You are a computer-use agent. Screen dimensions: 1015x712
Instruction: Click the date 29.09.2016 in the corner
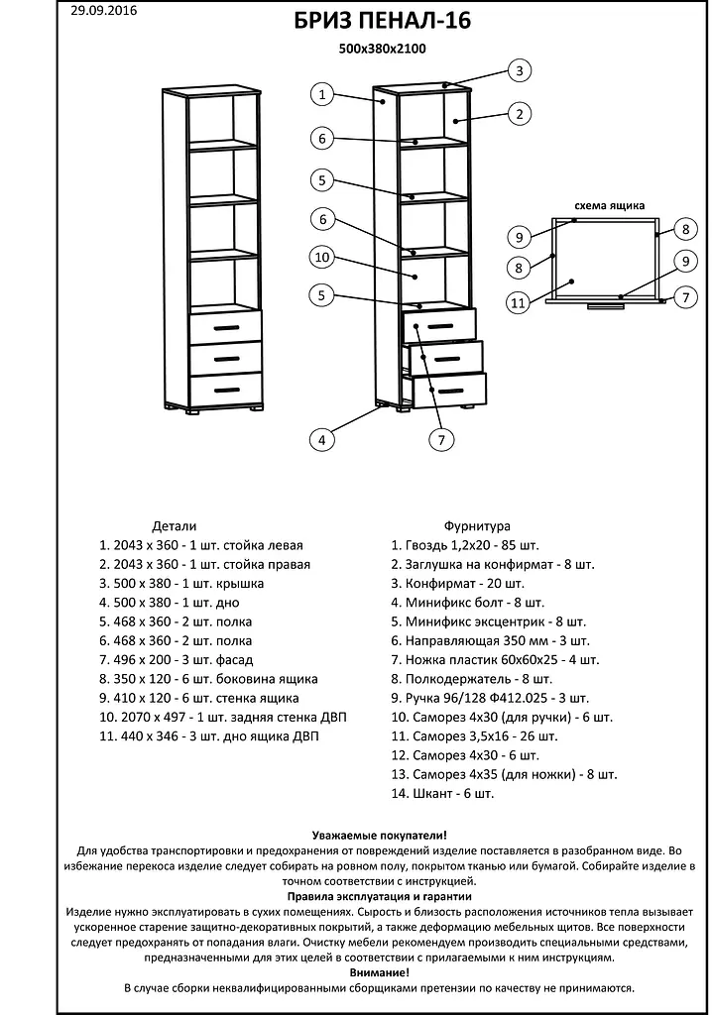[103, 11]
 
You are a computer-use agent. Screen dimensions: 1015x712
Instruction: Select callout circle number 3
[518, 70]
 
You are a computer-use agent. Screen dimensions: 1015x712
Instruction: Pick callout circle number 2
[518, 114]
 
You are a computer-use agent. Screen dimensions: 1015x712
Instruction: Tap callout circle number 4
[320, 439]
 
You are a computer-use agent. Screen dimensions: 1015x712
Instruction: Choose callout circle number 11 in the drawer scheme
[517, 302]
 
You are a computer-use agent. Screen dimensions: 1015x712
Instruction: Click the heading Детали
[175, 526]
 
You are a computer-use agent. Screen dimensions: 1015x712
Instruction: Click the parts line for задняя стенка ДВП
[223, 717]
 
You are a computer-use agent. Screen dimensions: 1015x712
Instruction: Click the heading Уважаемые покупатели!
[380, 837]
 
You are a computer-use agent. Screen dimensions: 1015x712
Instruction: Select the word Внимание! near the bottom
[380, 973]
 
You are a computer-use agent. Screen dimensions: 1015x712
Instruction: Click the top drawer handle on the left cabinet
[226, 327]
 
